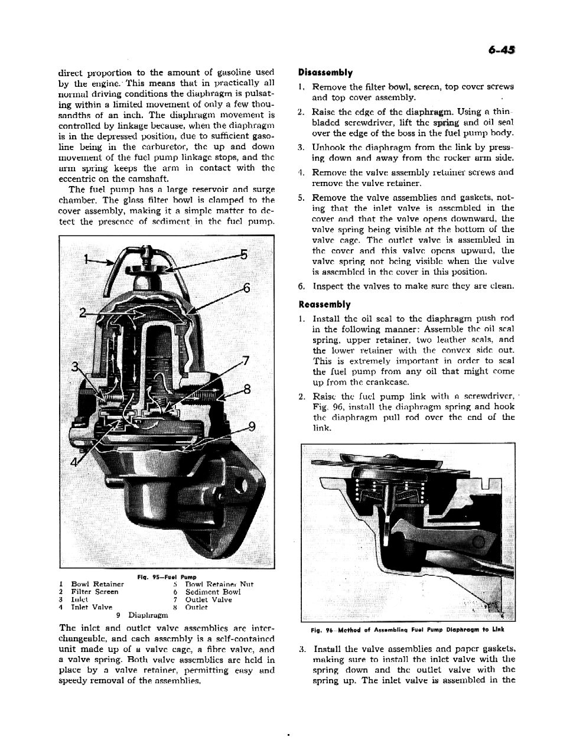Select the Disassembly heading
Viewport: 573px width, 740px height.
pos(325,73)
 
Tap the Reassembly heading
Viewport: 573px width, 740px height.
pos(324,305)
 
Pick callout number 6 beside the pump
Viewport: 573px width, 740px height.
pos(247,288)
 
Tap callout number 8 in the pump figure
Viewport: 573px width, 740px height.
pos(247,389)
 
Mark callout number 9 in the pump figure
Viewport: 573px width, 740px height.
pos(252,426)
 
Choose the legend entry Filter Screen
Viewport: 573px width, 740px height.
pos(95,592)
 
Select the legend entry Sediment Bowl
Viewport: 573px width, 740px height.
pos(213,592)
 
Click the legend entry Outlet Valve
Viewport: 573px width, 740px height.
pos(209,599)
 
